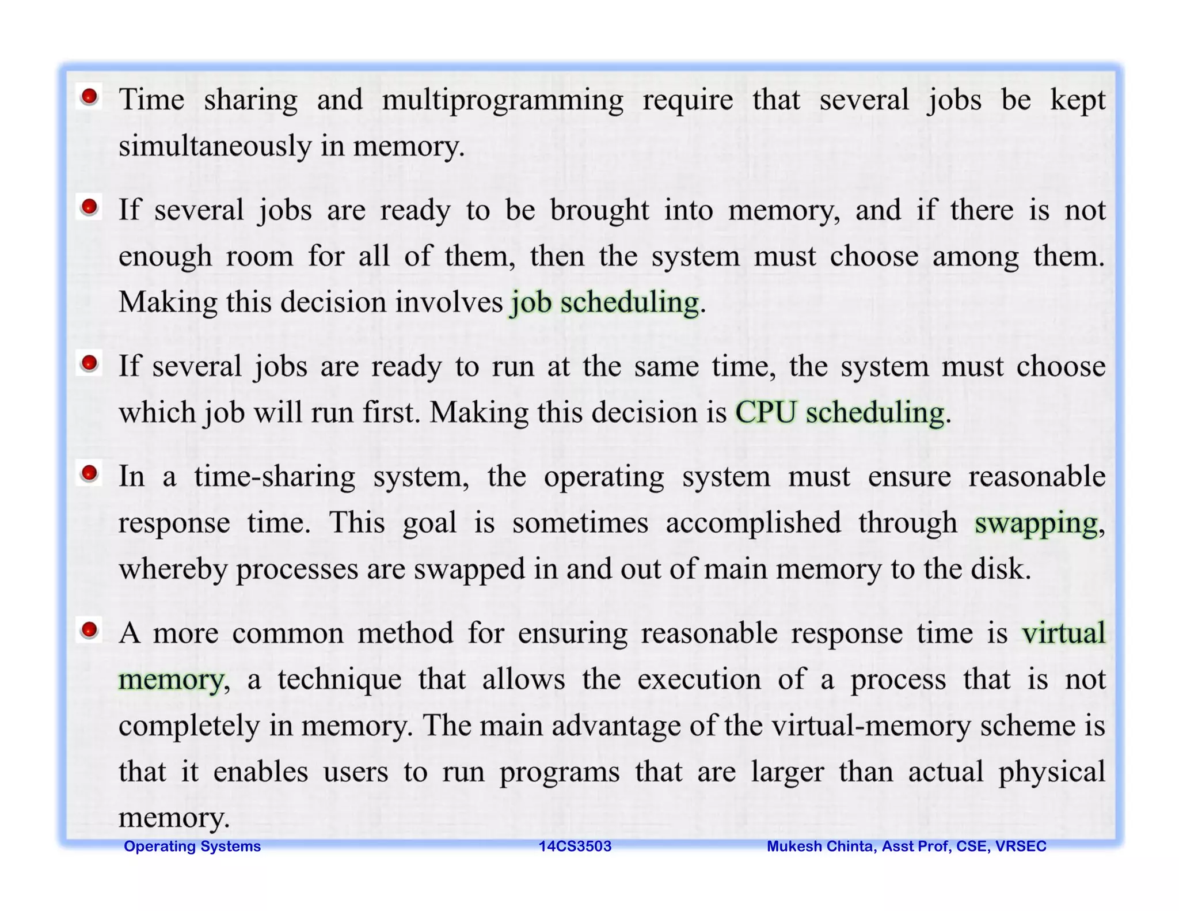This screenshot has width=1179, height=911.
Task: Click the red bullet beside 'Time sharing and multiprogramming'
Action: pos(89,97)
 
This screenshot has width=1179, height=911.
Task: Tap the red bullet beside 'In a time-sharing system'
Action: pos(89,474)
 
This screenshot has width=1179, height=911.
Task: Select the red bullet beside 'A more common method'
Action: pos(89,630)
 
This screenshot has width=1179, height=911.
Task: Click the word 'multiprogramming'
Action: pos(502,100)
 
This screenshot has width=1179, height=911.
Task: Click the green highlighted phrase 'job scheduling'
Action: pos(604,303)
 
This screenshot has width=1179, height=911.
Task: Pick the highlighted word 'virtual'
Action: pos(1063,633)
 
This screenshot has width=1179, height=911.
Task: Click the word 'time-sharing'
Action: pos(275,477)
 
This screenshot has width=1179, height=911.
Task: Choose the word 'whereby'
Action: pos(173,570)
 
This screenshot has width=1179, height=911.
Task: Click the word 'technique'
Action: pos(339,680)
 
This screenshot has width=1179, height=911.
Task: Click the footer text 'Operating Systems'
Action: pos(192,846)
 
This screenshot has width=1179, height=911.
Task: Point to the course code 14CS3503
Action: pos(575,846)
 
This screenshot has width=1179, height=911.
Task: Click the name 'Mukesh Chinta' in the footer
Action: pos(822,846)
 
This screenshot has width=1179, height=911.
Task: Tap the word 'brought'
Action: pos(599,210)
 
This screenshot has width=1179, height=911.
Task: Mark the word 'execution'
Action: pos(699,680)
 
